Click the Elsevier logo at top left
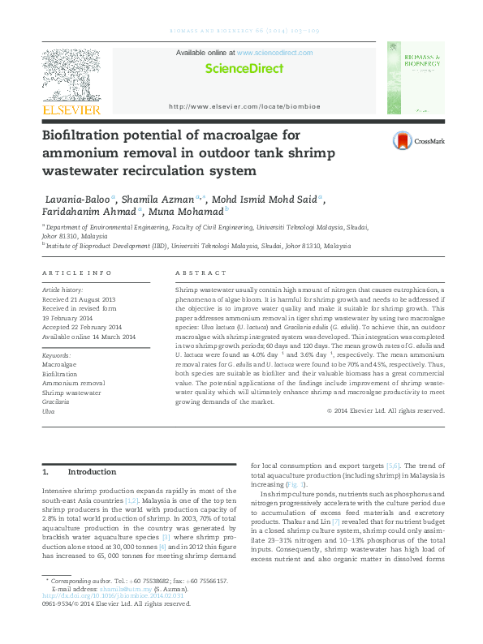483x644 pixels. tap(71, 81)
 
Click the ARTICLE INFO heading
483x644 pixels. tap(76, 273)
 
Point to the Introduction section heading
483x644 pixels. tap(92, 471)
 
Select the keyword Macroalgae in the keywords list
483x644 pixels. tap(58, 365)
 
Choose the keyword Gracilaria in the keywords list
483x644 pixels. tap(56, 401)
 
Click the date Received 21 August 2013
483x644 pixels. tap(79, 298)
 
